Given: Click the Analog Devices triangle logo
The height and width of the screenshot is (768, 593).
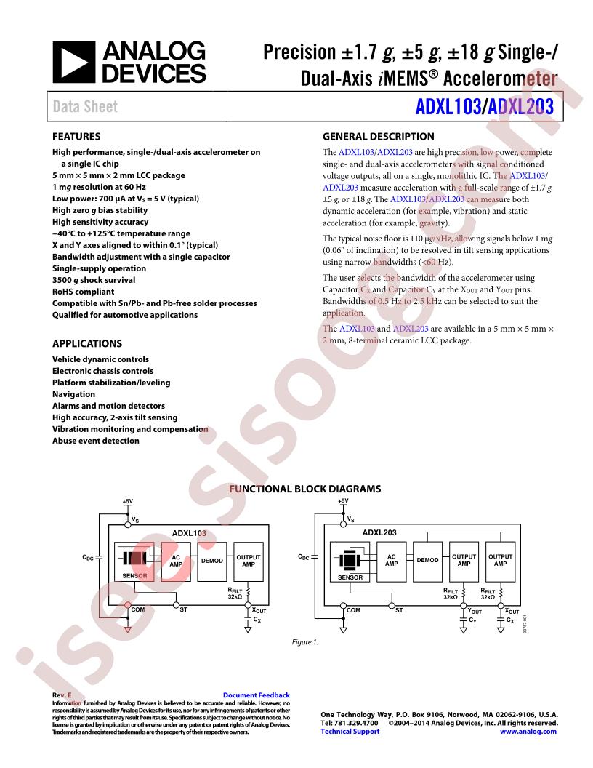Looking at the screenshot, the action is (x=74, y=63).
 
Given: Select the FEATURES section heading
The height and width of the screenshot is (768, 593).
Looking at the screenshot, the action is (x=76, y=137).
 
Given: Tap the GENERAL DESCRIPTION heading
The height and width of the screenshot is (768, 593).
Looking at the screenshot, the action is (x=378, y=137).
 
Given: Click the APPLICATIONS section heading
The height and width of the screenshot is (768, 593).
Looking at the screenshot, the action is (x=87, y=343).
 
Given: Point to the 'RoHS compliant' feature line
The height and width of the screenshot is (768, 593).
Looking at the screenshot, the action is (x=83, y=292).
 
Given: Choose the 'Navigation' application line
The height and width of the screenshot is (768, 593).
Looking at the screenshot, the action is (x=74, y=394).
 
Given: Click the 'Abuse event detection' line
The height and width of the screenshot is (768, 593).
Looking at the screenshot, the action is (x=96, y=441).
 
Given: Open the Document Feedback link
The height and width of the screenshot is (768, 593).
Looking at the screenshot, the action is (x=257, y=695).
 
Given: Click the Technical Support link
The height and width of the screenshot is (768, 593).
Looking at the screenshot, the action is (x=350, y=731).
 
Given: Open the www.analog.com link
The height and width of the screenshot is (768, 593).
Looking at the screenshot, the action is (x=528, y=731).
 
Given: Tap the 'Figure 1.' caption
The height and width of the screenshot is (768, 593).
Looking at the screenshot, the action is (x=304, y=642).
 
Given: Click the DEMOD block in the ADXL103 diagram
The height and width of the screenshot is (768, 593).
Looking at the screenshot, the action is (x=212, y=561).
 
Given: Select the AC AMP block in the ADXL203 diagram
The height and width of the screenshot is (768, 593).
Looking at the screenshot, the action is (x=392, y=561).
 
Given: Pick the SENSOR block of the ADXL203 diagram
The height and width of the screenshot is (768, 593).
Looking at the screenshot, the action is (x=350, y=561).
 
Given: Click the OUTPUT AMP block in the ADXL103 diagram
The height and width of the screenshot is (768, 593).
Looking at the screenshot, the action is (x=249, y=561).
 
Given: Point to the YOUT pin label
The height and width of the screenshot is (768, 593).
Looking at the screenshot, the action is (x=475, y=611).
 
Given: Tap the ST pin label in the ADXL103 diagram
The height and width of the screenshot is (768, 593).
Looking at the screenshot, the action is (x=183, y=609).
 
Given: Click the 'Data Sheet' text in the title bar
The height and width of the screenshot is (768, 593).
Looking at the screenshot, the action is (x=85, y=106).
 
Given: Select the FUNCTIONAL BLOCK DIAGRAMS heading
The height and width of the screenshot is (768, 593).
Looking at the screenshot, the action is (x=304, y=489).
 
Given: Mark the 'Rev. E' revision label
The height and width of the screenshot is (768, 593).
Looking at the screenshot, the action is (x=62, y=695).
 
